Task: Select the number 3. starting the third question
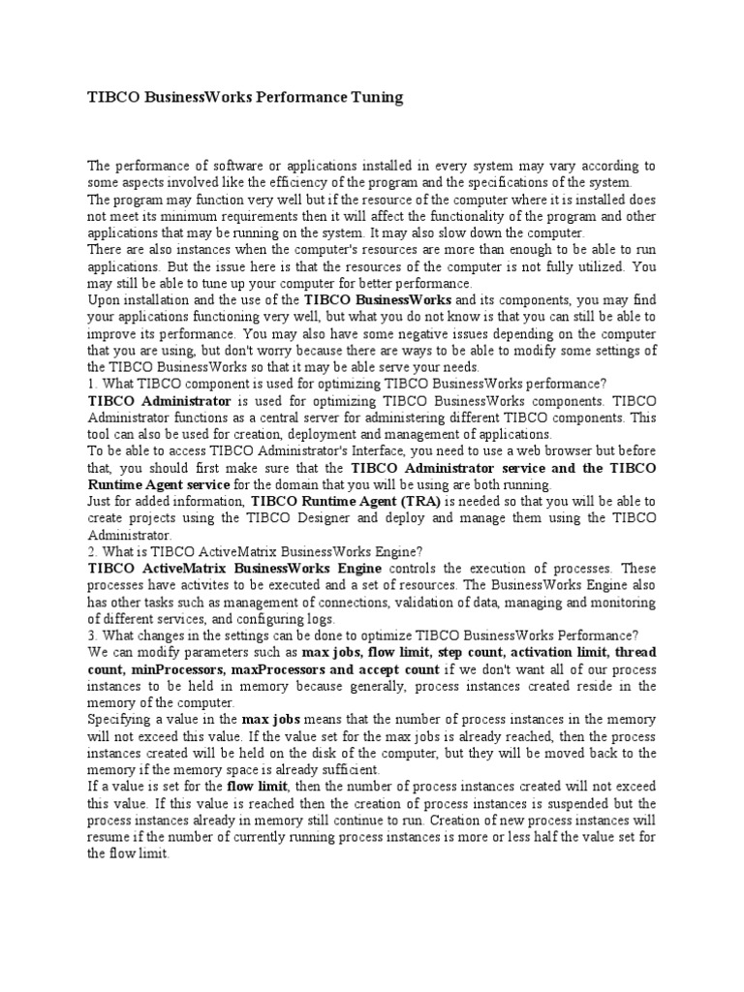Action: tap(93, 635)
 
